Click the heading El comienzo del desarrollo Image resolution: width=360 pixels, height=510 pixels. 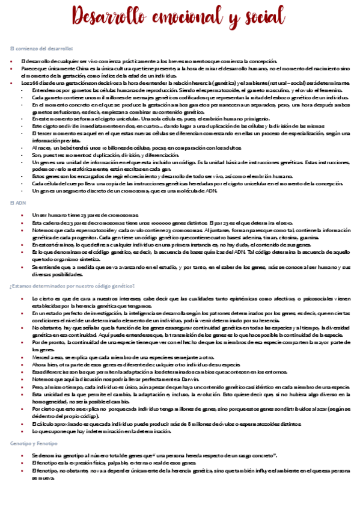41,48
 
